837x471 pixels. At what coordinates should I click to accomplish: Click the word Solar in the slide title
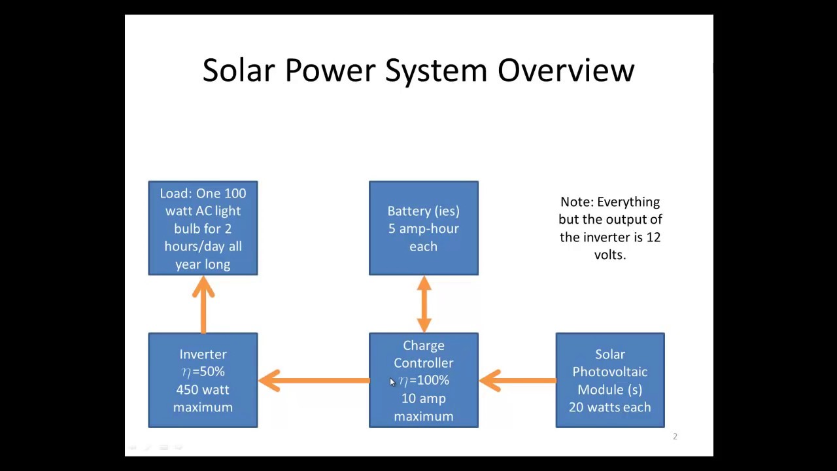click(x=239, y=70)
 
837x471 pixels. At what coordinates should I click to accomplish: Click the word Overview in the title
click(x=566, y=70)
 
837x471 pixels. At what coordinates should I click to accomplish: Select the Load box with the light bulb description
click(x=203, y=228)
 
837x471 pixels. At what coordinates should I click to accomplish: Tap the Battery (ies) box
click(x=424, y=228)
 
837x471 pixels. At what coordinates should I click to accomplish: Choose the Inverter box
click(x=203, y=380)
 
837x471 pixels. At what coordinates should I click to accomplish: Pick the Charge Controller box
click(x=424, y=380)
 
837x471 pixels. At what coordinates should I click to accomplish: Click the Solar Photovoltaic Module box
click(x=610, y=380)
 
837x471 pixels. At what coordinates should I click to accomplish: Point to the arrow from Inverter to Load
click(x=203, y=305)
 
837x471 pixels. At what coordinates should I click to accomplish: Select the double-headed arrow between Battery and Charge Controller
click(x=424, y=304)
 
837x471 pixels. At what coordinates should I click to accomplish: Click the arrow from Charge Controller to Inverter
click(x=314, y=381)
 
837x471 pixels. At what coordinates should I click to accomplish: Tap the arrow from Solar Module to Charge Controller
click(x=517, y=381)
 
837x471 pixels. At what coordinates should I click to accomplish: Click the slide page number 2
click(x=675, y=436)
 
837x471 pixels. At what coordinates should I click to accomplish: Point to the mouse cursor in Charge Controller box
click(x=392, y=382)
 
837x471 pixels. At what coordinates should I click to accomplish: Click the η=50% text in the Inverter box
click(x=203, y=372)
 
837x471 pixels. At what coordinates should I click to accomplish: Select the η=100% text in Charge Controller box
click(x=424, y=381)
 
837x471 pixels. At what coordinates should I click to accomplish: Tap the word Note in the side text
click(x=577, y=202)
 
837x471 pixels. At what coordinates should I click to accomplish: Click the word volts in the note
click(x=610, y=255)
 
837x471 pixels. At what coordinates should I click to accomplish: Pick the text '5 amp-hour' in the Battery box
click(x=424, y=228)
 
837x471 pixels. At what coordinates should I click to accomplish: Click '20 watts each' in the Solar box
click(x=610, y=407)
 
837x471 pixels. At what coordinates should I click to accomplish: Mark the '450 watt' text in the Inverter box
click(x=203, y=390)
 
